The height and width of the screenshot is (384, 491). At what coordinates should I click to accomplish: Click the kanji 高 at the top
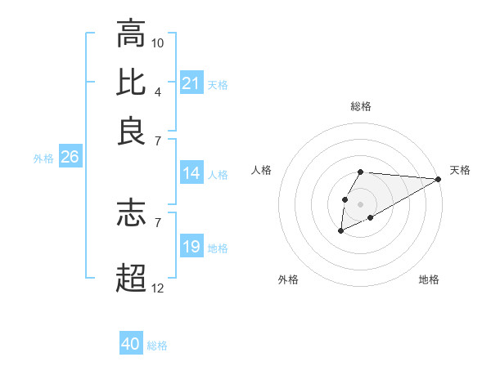click(131, 34)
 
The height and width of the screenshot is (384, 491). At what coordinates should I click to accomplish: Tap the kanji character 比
click(131, 83)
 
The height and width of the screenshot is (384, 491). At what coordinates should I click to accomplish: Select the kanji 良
click(131, 131)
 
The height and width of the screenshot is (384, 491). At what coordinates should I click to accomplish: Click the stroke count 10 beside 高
click(158, 42)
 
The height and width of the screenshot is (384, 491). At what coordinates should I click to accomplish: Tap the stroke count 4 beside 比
click(158, 91)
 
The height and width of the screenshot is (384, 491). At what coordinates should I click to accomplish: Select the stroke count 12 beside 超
click(158, 288)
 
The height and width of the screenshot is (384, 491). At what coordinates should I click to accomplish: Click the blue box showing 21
click(191, 83)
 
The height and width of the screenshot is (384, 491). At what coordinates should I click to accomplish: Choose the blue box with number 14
click(191, 173)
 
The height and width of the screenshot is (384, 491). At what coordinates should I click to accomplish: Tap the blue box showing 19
click(191, 247)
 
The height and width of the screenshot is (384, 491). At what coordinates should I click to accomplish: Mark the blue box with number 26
click(70, 158)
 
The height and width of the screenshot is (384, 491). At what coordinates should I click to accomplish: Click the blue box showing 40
click(131, 344)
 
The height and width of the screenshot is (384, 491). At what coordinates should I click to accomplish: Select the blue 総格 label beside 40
click(157, 346)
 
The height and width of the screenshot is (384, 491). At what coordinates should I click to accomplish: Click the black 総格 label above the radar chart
click(361, 106)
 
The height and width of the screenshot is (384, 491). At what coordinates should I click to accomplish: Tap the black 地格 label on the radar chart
click(429, 280)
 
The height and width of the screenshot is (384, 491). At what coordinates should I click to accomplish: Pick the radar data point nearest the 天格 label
click(438, 179)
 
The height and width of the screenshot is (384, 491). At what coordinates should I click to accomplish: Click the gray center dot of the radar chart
click(360, 203)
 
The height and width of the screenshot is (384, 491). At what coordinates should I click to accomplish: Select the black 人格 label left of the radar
click(262, 170)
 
